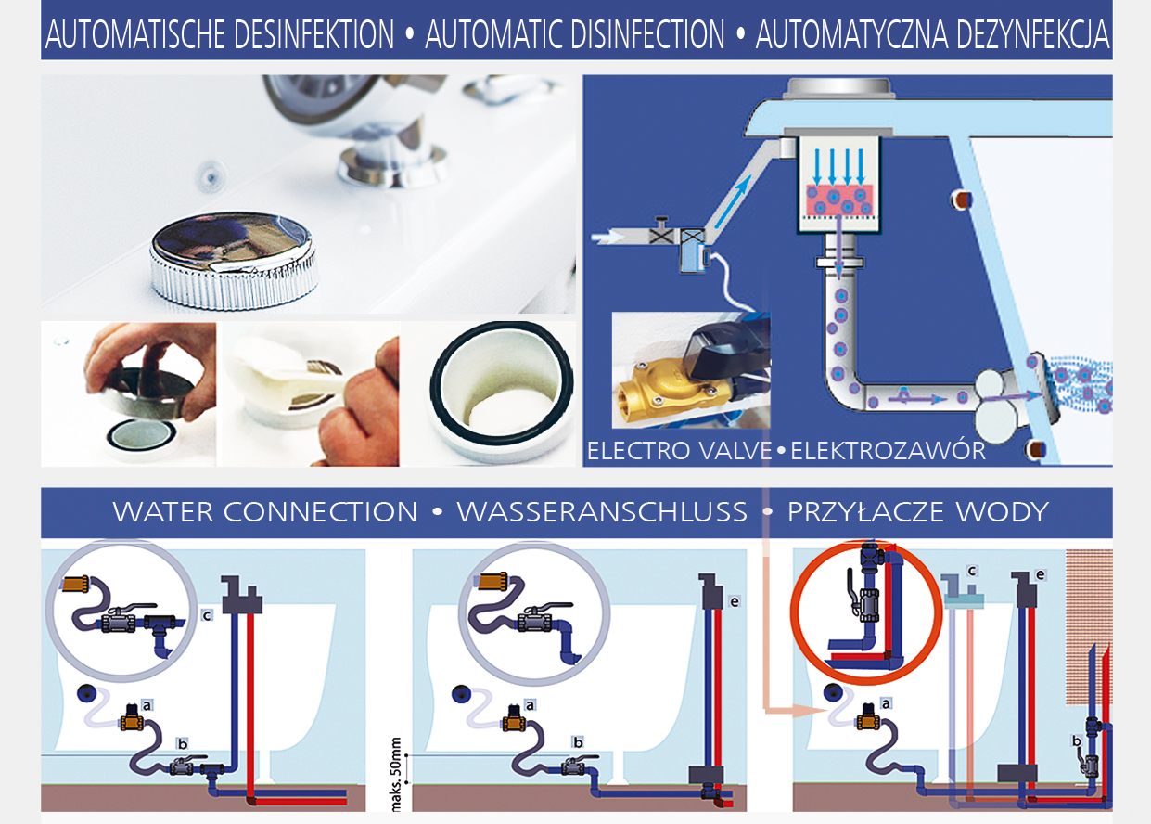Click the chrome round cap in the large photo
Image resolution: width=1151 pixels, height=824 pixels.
click(233, 257)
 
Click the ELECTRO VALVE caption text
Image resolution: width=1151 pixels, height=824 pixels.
click(680, 452)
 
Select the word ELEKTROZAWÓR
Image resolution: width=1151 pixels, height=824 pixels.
click(888, 452)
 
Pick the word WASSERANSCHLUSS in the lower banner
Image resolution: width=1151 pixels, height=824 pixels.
click(602, 512)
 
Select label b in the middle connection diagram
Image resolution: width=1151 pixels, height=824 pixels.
click(578, 741)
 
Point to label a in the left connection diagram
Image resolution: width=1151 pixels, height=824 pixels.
click(147, 705)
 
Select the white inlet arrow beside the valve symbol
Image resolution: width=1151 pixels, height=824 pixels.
click(610, 238)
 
